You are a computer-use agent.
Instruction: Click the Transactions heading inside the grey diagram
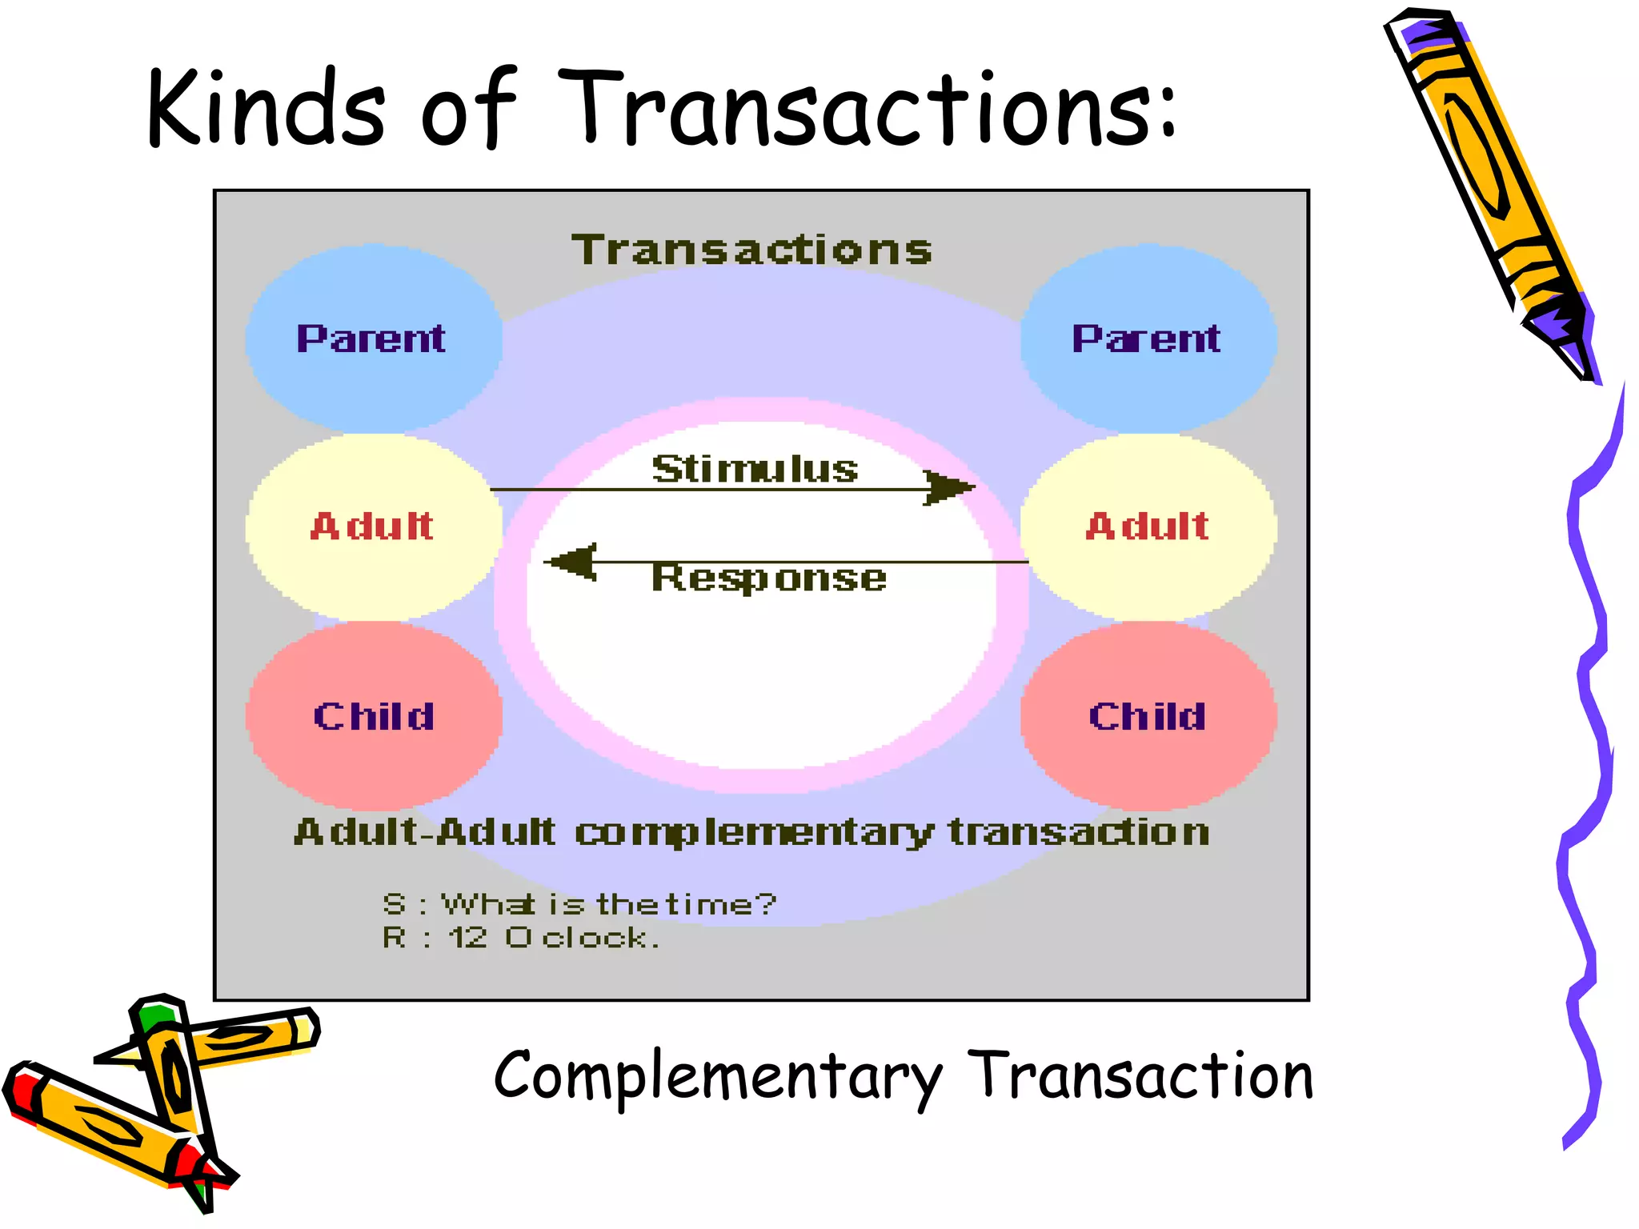[752, 250]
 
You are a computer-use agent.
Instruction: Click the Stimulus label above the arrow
[755, 468]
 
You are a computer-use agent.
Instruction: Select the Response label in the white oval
[769, 577]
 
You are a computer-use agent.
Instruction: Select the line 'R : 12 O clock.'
[521, 937]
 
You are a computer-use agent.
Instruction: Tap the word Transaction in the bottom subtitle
[1140, 1075]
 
